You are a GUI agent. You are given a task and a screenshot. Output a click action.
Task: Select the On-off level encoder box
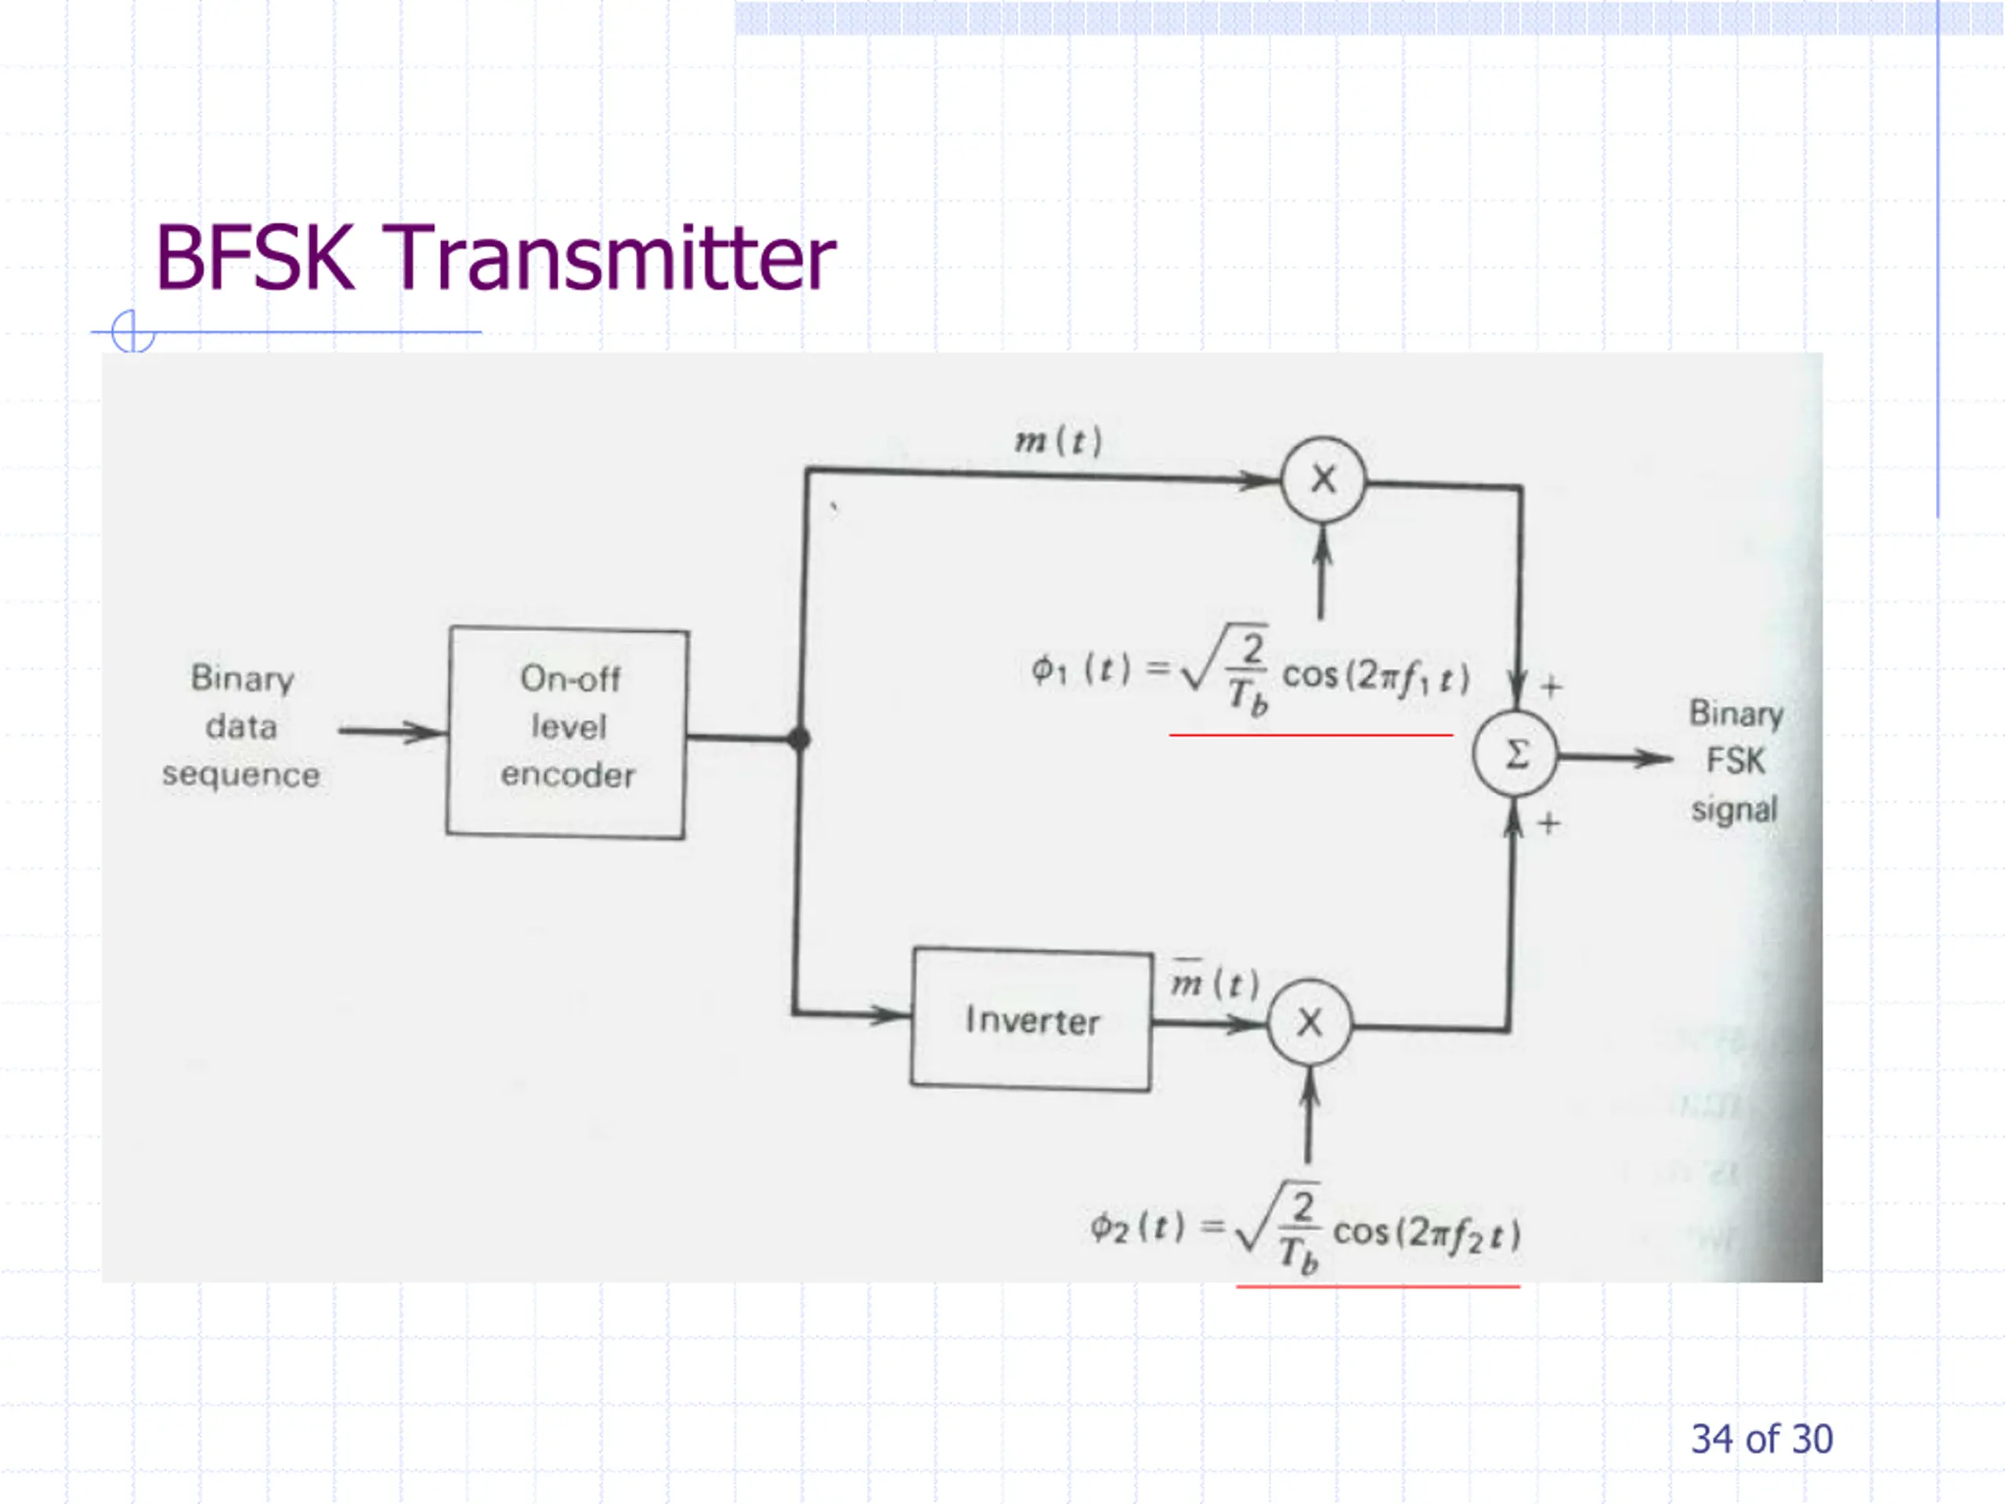(x=567, y=732)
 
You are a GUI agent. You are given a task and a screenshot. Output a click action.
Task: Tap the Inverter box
(x=1031, y=1019)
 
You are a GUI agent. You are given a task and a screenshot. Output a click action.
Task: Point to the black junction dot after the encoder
(x=799, y=739)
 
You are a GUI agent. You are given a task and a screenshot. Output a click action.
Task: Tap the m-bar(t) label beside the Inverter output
(x=1215, y=979)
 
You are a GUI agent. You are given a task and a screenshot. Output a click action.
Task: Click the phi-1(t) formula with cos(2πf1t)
(x=1250, y=671)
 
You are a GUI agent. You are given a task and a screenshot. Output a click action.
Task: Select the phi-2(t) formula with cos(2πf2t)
(x=1306, y=1228)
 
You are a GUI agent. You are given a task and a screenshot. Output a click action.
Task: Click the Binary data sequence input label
(x=241, y=726)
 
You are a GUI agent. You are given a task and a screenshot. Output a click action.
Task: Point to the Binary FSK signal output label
(x=1735, y=761)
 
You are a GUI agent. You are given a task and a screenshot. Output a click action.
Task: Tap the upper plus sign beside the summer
(x=1551, y=686)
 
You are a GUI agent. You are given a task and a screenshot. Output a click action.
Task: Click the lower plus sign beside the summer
(x=1549, y=823)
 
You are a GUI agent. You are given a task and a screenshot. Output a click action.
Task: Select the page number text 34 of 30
(x=1762, y=1439)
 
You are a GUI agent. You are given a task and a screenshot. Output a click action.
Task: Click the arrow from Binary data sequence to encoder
(x=392, y=731)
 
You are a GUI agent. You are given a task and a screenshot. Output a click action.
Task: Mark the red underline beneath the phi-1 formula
(x=1310, y=736)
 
